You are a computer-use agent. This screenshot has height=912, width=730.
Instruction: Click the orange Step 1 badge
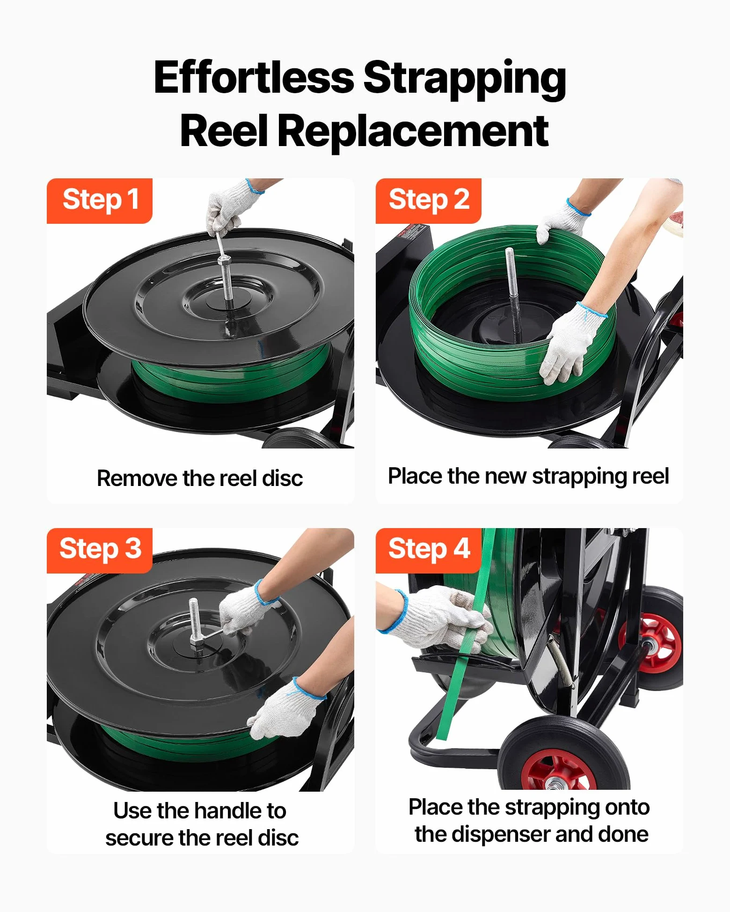(100, 200)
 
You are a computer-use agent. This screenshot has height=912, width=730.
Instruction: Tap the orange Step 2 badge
(429, 200)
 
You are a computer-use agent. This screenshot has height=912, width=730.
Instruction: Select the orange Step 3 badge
(100, 550)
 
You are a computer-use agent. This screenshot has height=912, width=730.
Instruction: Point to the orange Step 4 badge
(429, 550)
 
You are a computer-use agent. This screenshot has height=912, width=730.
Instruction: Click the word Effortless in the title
(254, 78)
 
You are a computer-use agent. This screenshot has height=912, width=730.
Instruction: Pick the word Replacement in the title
(413, 132)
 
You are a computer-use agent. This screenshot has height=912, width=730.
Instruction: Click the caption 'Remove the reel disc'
(200, 478)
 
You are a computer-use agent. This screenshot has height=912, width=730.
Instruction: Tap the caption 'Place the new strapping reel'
(528, 477)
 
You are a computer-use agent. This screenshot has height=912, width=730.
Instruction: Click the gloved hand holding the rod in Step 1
(231, 207)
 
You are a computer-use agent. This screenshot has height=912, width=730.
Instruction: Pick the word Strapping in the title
(465, 79)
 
